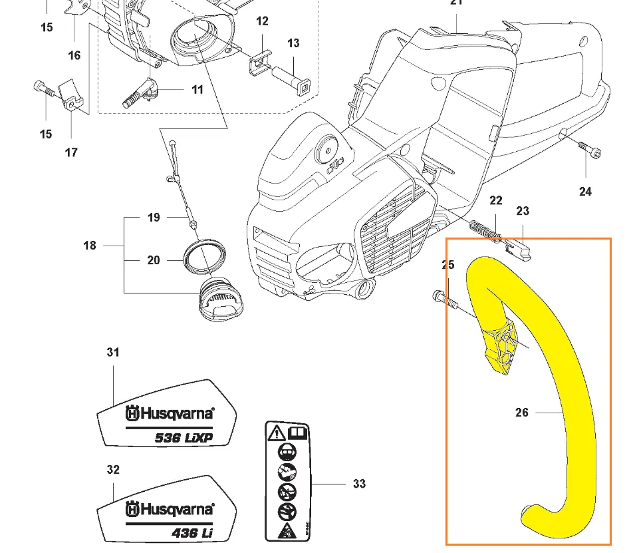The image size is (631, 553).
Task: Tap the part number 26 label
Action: point(522,413)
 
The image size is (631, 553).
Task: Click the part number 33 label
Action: point(359,484)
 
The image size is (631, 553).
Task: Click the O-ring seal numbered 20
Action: point(203,257)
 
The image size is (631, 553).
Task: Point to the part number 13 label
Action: point(293,43)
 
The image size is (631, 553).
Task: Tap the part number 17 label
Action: point(71,152)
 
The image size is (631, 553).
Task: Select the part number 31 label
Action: point(113,352)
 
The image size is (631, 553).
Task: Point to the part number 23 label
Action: point(523,211)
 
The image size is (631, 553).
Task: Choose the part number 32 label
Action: point(113,470)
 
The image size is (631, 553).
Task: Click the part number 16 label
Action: point(74,55)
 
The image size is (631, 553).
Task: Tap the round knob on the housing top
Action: point(327,148)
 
